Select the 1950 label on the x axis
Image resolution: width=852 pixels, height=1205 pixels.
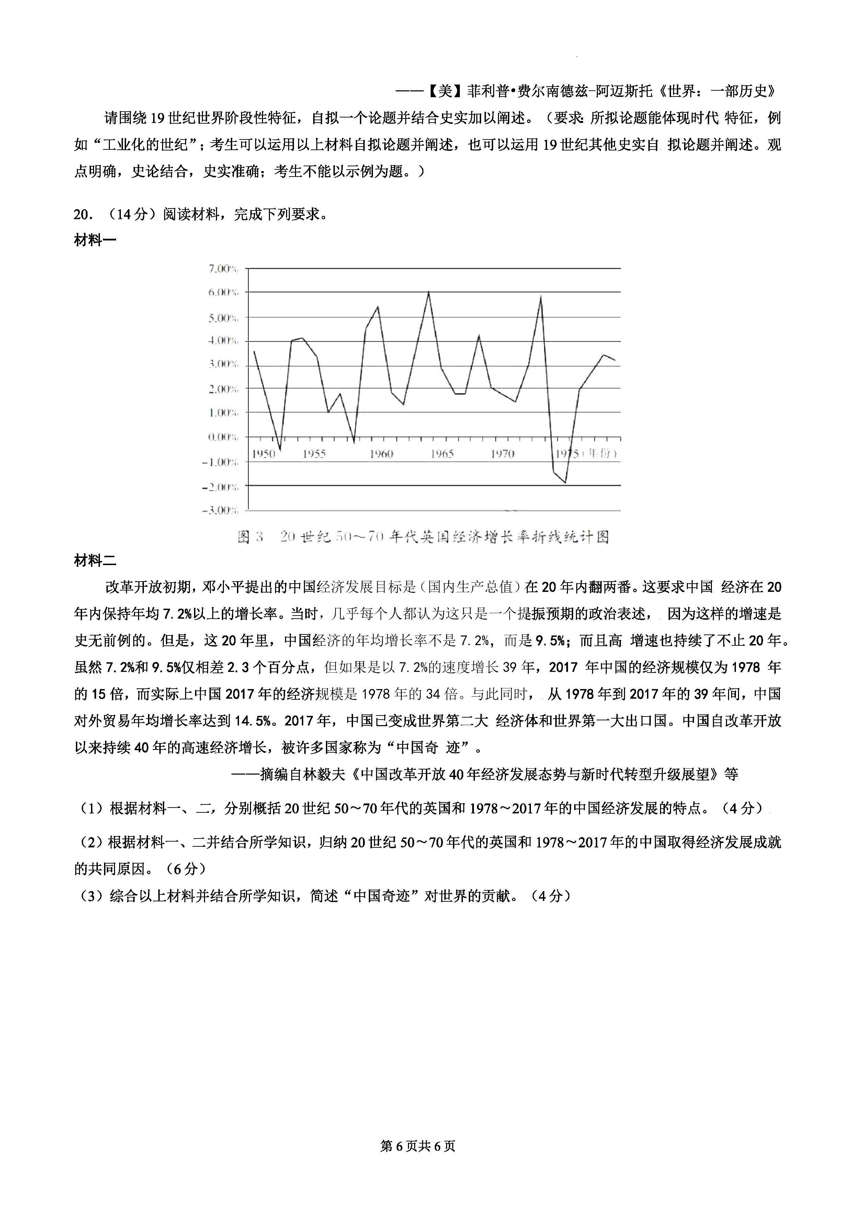coord(263,454)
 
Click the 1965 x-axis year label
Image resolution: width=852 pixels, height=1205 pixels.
coord(442,454)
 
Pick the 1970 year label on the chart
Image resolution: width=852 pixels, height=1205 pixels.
coord(502,454)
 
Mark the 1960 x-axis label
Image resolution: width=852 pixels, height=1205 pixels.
coord(382,454)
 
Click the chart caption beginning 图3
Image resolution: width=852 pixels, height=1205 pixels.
coord(423,537)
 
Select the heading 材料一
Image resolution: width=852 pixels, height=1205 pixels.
coord(95,241)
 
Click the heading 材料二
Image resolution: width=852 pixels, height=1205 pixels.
coord(95,561)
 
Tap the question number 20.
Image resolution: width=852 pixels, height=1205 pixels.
coord(83,215)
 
